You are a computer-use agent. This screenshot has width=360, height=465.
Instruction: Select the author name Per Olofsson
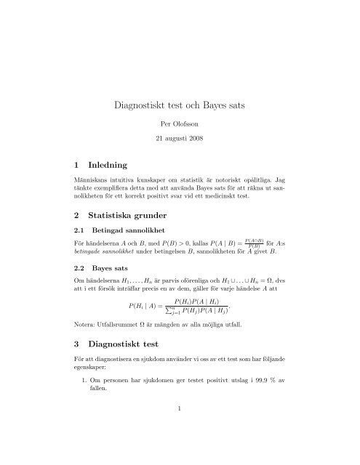coord(180,134)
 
